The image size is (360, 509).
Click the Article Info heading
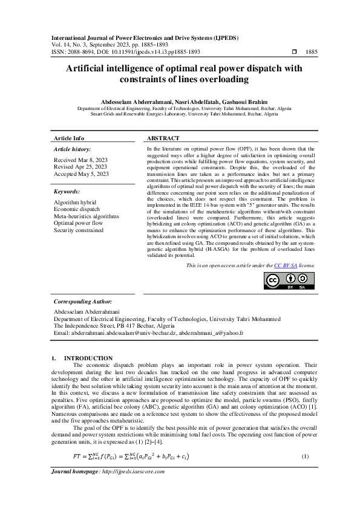pos(70,138)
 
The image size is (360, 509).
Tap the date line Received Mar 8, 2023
pos(81,160)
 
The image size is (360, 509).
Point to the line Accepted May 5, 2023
pos(82,173)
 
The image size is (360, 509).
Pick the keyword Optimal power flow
pos(78,224)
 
